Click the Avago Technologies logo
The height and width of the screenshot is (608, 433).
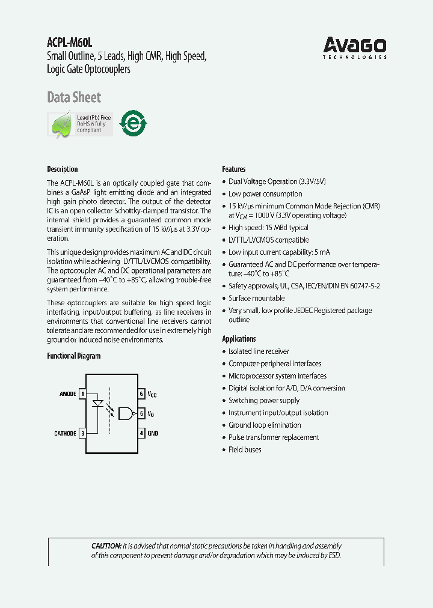click(355, 47)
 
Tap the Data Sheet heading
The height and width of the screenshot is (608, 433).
click(74, 97)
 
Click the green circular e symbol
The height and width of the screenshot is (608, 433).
click(133, 123)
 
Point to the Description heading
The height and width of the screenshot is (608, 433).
click(63, 169)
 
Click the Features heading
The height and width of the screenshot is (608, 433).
click(234, 169)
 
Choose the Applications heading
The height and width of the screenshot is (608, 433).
click(239, 339)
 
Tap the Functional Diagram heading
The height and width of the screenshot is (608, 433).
click(74, 356)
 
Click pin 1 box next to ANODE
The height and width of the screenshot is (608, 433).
click(82, 394)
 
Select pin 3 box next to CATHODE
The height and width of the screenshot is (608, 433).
click(82, 433)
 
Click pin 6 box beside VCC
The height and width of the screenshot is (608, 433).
click(141, 394)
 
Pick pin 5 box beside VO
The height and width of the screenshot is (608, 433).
click(141, 413)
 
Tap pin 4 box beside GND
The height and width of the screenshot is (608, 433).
click(141, 433)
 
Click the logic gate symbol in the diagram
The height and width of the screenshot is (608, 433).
click(126, 413)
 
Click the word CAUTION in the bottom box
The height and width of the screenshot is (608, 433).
click(106, 546)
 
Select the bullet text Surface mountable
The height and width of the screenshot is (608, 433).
click(257, 298)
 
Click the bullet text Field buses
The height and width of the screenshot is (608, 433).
click(245, 449)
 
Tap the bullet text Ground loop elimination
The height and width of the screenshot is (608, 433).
click(265, 425)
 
